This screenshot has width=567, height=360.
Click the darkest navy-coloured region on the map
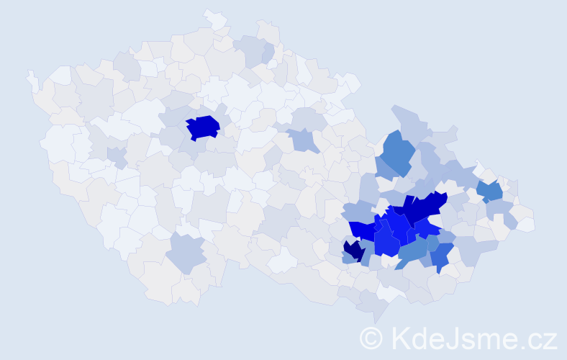coord(353,251)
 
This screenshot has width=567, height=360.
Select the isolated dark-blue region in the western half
coord(203,127)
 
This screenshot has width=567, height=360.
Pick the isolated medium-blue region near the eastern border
coord(491,192)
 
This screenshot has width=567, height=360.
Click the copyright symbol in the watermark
coord(371,338)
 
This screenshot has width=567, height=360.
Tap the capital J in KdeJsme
coord(455,338)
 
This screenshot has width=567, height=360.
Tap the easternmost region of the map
coord(526,224)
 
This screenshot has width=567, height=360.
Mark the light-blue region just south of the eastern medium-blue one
coord(499,210)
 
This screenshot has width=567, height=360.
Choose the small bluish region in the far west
coord(115,155)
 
